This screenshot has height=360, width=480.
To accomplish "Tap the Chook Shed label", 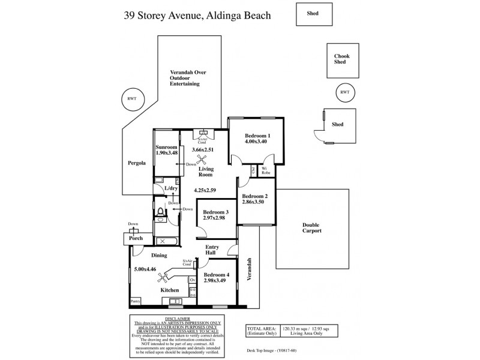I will (x=341, y=59).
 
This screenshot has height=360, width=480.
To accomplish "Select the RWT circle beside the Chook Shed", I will (x=344, y=92).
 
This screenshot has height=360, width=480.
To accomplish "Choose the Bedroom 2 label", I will (x=254, y=197).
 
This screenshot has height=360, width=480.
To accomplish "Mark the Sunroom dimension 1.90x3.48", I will (x=167, y=154).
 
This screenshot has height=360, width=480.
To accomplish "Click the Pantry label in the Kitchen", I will (x=135, y=301).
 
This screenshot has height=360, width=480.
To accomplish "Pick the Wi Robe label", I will (x=266, y=171).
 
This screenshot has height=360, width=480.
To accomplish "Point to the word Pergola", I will (x=137, y=162).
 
